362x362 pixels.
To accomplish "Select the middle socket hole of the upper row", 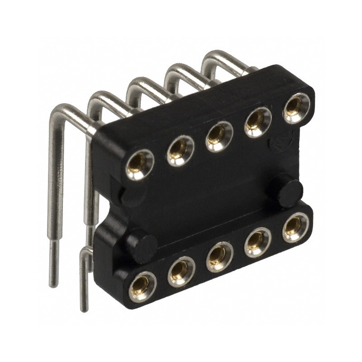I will coord(219,136).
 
